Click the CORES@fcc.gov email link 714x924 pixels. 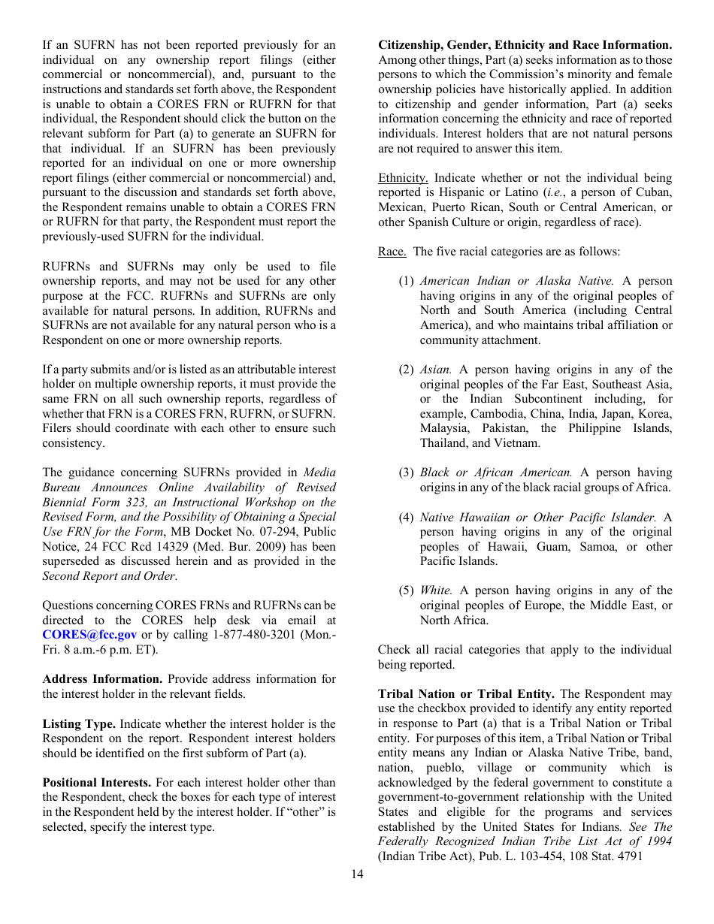[x=89, y=635]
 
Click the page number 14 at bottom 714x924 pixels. [x=356, y=874]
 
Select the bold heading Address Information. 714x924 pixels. [x=102, y=679]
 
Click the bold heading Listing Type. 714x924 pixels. [x=79, y=723]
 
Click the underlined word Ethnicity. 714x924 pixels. [x=403, y=178]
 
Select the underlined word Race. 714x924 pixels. [x=392, y=252]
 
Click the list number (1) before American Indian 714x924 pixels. [x=406, y=281]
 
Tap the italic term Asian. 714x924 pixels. [x=436, y=370]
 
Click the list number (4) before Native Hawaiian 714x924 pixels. [x=406, y=517]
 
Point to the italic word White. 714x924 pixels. [x=436, y=590]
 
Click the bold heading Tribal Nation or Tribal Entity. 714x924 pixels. [x=466, y=693]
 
